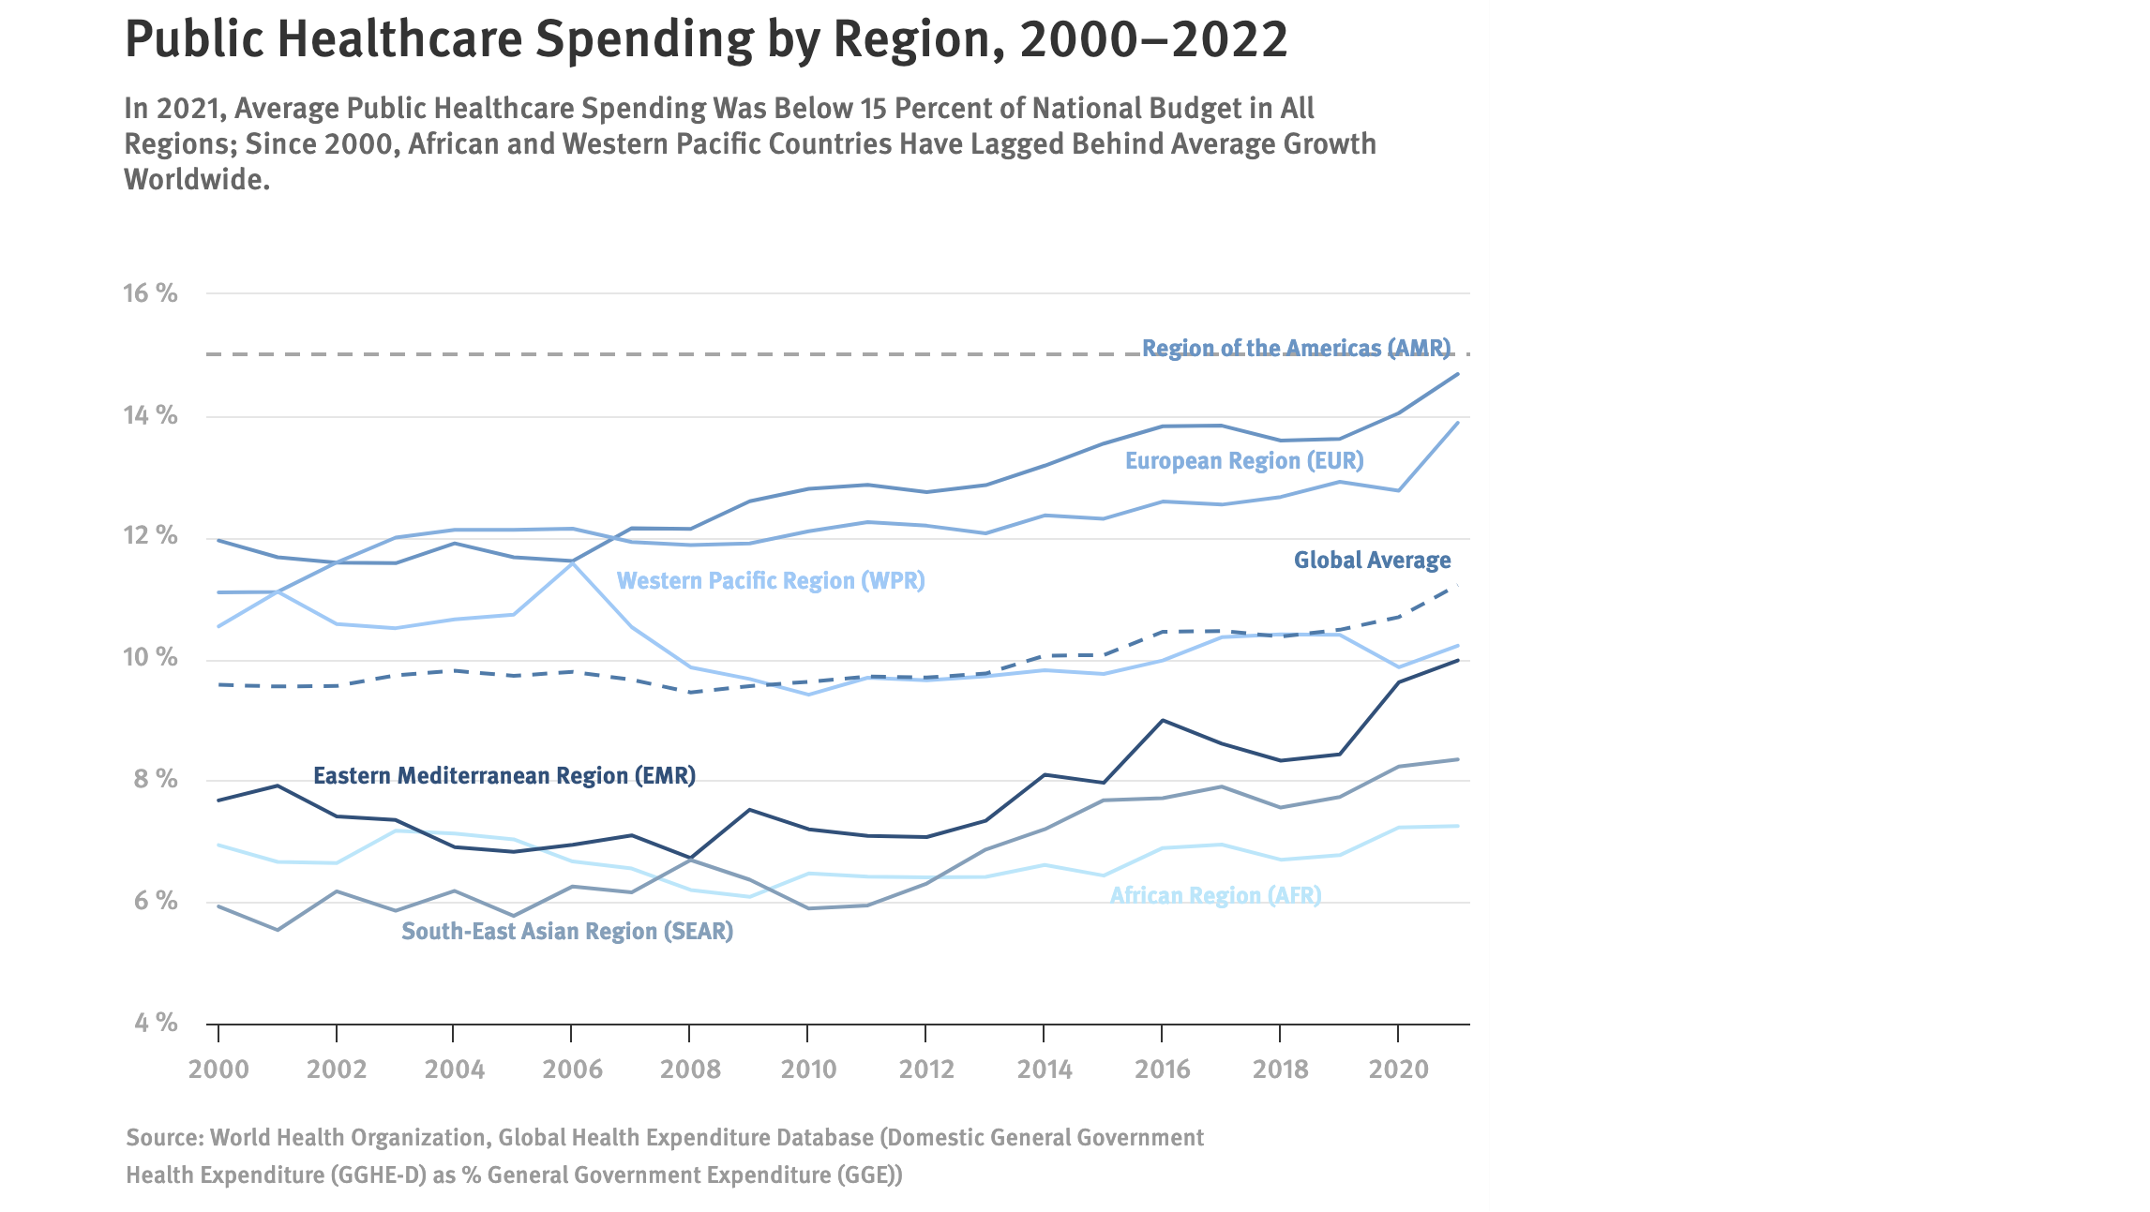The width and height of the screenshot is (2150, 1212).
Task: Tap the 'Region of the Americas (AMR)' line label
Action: click(x=1296, y=348)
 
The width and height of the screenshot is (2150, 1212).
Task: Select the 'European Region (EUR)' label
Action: click(x=1244, y=461)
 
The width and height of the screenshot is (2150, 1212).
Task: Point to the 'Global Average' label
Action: click(x=1372, y=561)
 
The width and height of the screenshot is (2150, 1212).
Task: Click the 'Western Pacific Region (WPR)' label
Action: click(x=771, y=581)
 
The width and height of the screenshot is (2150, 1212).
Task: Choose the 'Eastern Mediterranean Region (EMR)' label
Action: click(x=504, y=776)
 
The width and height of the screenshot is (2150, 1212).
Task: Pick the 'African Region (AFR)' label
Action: click(x=1215, y=896)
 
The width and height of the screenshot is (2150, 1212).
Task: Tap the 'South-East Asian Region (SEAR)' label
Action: click(x=567, y=932)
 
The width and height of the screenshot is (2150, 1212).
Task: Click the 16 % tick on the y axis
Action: click(x=150, y=293)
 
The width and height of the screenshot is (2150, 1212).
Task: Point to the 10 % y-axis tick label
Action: click(x=150, y=657)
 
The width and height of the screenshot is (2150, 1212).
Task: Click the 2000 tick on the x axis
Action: click(x=218, y=1070)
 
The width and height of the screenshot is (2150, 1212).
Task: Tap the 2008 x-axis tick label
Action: click(x=690, y=1070)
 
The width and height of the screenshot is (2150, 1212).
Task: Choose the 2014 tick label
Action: click(x=1045, y=1070)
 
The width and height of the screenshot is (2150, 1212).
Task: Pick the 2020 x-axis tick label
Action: click(x=1398, y=1070)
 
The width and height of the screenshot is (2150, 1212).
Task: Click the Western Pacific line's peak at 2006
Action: click(x=572, y=561)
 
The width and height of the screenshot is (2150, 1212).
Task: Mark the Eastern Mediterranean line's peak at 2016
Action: click(x=1163, y=720)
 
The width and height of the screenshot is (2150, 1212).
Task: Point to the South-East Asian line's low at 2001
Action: click(x=278, y=930)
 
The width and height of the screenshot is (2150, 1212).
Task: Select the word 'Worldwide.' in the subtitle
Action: click(x=197, y=180)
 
